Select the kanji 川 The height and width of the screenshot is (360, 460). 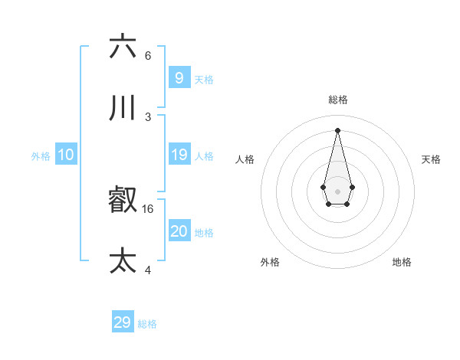click(123, 108)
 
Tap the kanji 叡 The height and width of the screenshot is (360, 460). click(123, 201)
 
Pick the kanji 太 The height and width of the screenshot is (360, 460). click(123, 260)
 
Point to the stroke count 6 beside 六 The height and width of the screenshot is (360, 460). click(148, 56)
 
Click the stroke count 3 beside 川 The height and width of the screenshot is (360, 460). click(148, 117)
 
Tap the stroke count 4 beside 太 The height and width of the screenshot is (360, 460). click(148, 270)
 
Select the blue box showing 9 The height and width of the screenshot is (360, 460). click(179, 78)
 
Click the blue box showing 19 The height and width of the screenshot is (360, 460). click(179, 155)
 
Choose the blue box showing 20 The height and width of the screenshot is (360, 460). click(179, 231)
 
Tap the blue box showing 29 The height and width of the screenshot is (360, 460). click(123, 322)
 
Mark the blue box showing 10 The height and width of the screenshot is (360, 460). click(66, 155)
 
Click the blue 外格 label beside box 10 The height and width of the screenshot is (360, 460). click(41, 156)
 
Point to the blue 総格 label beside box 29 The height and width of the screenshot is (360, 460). click(147, 324)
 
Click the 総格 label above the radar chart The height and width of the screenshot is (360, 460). click(337, 100)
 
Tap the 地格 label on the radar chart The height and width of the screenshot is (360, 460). click(402, 262)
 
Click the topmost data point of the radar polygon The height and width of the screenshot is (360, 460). click(337, 130)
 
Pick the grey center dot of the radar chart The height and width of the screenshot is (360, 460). click(337, 191)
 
